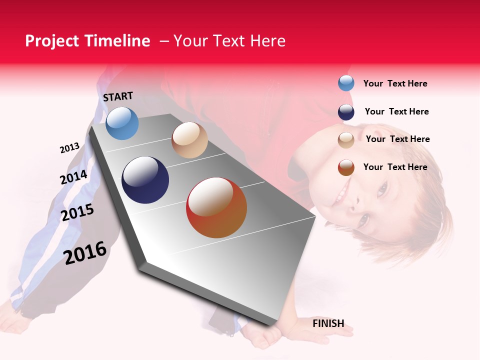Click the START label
pyautogui.click(x=118, y=96)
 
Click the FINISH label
pyautogui.click(x=328, y=323)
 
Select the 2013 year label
pyautogui.click(x=69, y=148)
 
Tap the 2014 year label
pyautogui.click(x=73, y=177)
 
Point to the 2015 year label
pyautogui.click(x=77, y=212)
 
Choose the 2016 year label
pyautogui.click(x=85, y=253)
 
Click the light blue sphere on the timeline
pyautogui.click(x=122, y=123)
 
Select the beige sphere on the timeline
pyautogui.click(x=189, y=140)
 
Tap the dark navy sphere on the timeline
pyautogui.click(x=145, y=180)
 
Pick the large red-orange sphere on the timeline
pyautogui.click(x=216, y=207)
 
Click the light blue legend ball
pyautogui.click(x=346, y=83)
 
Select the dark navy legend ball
pyautogui.click(x=346, y=112)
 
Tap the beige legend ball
pyautogui.click(x=346, y=140)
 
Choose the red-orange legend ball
pyautogui.click(x=346, y=167)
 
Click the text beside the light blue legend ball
pyautogui.click(x=395, y=83)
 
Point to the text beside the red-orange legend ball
pyautogui.click(x=395, y=167)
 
